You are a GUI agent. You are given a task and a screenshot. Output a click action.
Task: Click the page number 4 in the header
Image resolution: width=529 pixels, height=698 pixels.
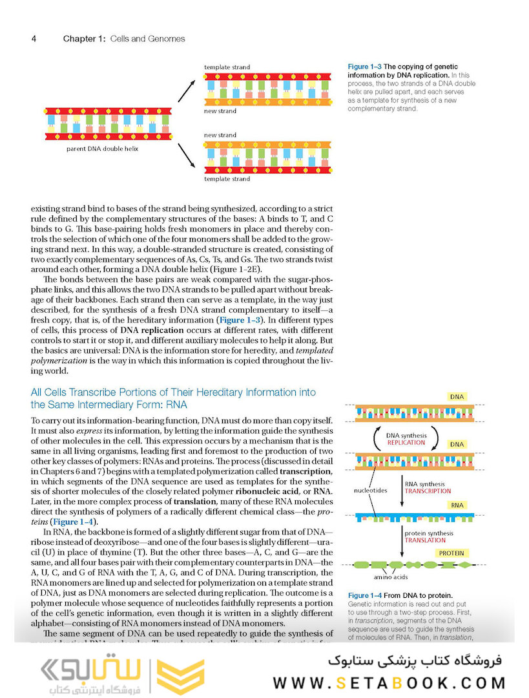[x=34, y=39]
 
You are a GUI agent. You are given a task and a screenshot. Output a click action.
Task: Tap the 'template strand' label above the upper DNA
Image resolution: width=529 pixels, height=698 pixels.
[x=227, y=67]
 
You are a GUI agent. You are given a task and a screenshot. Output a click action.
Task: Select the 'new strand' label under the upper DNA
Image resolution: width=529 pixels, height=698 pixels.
[x=220, y=111]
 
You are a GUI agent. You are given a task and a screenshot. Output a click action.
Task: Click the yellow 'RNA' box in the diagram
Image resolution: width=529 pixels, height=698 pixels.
[x=457, y=506]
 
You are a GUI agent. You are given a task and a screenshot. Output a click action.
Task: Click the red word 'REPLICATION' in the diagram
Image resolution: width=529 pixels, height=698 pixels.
[x=406, y=443]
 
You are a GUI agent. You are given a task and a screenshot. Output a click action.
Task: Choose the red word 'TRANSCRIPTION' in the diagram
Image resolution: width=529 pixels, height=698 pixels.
[x=428, y=491]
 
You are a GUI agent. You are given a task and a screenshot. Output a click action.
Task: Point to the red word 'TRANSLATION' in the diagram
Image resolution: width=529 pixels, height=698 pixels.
[x=425, y=540]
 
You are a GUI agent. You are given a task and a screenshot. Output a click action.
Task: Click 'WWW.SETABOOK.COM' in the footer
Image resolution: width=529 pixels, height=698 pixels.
[x=389, y=682]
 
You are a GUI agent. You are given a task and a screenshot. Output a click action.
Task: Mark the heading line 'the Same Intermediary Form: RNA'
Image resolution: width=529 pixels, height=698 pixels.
[x=109, y=405]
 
